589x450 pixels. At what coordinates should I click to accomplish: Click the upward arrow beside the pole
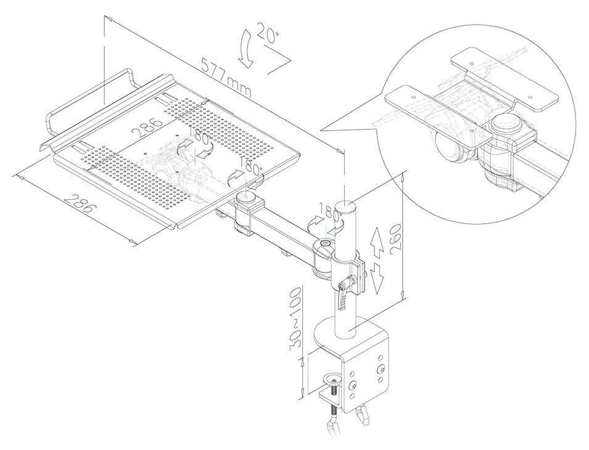click(x=376, y=241)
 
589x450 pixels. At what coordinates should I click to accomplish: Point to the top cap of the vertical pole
click(x=347, y=205)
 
